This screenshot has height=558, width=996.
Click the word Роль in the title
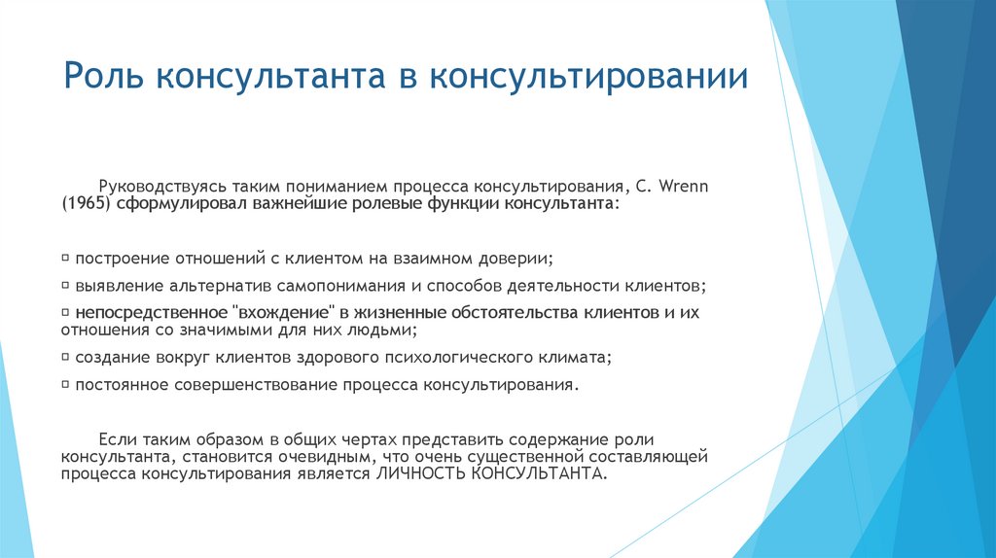pos(103,77)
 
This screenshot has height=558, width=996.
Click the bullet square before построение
pos(65,259)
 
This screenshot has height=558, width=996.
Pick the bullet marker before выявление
pos(65,286)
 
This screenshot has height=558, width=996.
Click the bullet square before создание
pos(65,357)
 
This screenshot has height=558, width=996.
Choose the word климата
pos(579,358)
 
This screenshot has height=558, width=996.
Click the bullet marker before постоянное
pos(65,384)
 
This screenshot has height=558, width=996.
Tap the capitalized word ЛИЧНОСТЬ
pos(415,474)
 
